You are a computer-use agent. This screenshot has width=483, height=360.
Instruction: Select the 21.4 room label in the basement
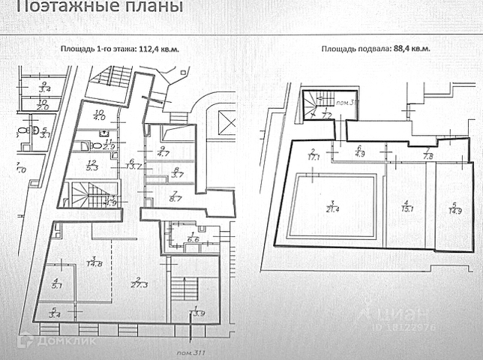331,208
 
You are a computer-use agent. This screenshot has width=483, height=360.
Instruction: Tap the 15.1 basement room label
405,208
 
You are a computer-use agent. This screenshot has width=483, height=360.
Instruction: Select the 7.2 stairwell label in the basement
326,115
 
